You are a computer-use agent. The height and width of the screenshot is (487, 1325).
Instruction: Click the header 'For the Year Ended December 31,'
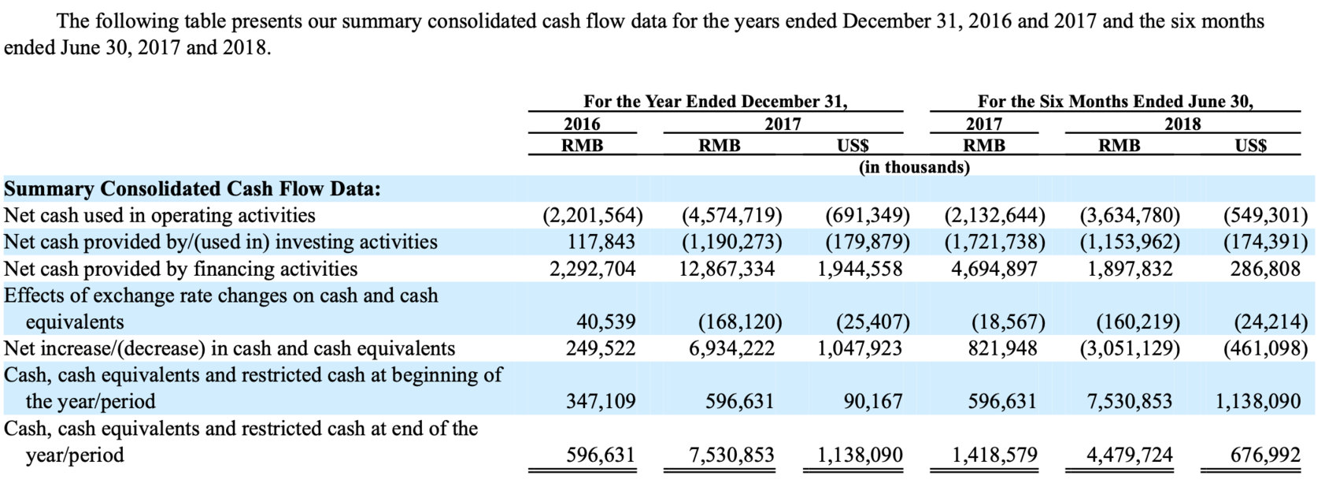pyautogui.click(x=715, y=102)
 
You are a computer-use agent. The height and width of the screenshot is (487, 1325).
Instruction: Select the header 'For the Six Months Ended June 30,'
pyautogui.click(x=1115, y=102)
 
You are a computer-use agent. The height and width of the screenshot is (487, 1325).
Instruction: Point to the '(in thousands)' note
pyautogui.click(x=913, y=167)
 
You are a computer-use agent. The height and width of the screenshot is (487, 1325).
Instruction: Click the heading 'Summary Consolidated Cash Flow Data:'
pyautogui.click(x=193, y=189)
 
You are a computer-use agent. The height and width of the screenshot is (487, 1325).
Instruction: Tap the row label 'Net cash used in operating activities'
pyautogui.click(x=160, y=216)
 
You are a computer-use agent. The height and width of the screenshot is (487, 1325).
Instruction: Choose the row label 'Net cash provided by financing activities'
pyautogui.click(x=180, y=269)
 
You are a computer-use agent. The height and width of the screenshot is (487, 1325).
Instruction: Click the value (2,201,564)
pyautogui.click(x=593, y=216)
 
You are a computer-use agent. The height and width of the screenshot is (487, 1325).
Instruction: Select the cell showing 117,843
pyautogui.click(x=601, y=242)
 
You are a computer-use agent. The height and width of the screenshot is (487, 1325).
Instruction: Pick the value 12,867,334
pyautogui.click(x=727, y=269)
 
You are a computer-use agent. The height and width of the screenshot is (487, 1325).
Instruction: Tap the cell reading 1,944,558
pyautogui.click(x=860, y=269)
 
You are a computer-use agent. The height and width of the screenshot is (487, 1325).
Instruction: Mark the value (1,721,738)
pyautogui.click(x=994, y=242)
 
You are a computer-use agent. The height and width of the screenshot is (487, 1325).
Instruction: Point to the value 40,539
pyautogui.click(x=606, y=322)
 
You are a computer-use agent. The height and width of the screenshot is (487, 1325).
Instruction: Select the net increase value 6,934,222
pyautogui.click(x=731, y=348)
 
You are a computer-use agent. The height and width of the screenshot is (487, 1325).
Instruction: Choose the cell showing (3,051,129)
pyautogui.click(x=1130, y=348)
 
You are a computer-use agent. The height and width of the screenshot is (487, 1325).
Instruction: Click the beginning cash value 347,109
pyautogui.click(x=601, y=402)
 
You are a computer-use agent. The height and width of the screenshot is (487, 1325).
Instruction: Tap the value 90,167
pyautogui.click(x=872, y=402)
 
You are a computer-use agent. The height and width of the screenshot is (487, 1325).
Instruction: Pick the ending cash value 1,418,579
pyautogui.click(x=994, y=455)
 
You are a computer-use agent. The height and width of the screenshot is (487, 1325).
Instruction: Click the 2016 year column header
pyautogui.click(x=582, y=124)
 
